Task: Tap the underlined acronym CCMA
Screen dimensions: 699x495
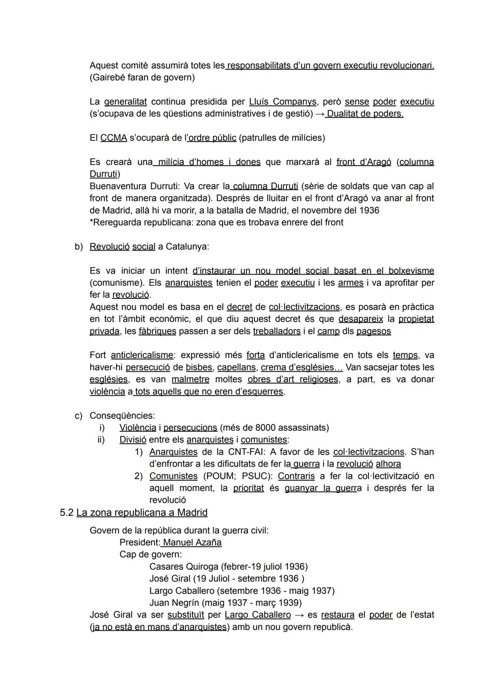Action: pos(113,138)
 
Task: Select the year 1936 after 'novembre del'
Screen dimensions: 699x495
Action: pos(367,210)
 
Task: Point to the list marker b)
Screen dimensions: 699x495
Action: pos(79,247)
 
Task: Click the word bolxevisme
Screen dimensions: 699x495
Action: pos(411,271)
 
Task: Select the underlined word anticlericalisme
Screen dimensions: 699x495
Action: pos(142,355)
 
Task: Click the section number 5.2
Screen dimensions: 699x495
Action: pos(66,512)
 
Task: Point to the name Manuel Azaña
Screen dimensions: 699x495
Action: pos(192,543)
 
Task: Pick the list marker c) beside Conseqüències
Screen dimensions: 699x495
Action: pos(79,416)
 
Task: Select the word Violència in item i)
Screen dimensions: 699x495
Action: pos(137,428)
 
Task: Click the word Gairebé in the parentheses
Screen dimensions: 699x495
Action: pos(110,77)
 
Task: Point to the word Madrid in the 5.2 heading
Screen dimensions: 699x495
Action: pos(192,512)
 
